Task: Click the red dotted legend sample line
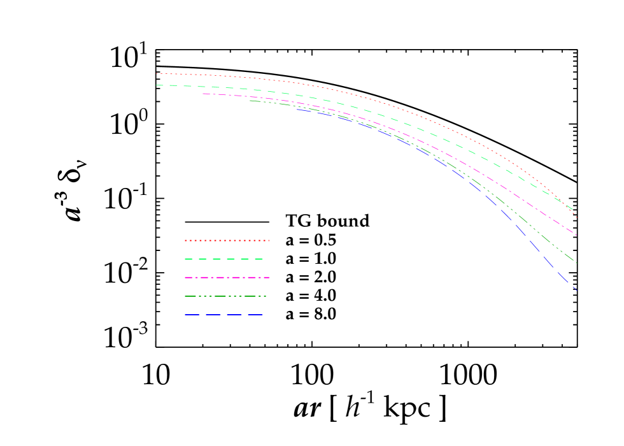coord(227,240)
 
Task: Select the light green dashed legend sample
coord(223,259)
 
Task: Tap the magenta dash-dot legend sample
coord(227,277)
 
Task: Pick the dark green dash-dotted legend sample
coord(225,296)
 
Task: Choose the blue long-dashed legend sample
coord(223,315)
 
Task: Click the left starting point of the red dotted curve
coord(157,73)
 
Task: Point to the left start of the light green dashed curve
coord(157,85)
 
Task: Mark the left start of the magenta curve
coord(203,94)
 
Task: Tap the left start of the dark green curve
coord(250,101)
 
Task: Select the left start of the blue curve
coord(297,110)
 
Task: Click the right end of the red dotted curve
coord(576,217)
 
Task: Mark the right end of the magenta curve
coord(576,235)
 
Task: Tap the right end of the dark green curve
coord(576,263)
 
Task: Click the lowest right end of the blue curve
coord(576,290)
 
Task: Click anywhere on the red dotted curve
coord(382,102)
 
